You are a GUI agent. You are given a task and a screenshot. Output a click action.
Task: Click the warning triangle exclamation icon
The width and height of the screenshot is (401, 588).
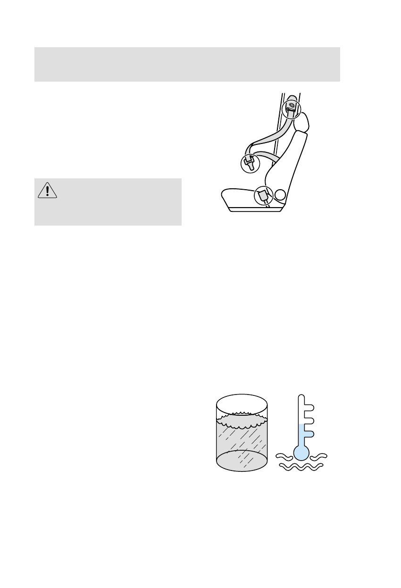tap(47, 190)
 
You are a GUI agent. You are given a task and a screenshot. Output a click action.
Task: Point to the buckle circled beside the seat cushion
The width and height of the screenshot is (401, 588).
tap(263, 196)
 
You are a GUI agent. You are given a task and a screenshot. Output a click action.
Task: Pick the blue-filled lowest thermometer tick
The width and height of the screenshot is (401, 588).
tap(309, 432)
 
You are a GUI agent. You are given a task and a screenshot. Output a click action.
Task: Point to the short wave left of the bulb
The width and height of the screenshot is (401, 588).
tap(285, 456)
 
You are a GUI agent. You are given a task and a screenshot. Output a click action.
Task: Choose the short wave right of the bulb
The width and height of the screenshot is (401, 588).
tap(319, 456)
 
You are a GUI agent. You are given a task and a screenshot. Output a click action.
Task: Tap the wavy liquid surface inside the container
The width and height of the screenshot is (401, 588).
tap(242, 421)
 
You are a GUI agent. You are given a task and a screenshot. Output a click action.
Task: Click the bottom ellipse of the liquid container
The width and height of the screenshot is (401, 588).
tap(242, 460)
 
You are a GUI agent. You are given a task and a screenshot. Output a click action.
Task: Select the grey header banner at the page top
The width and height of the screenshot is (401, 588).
tap(187, 64)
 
